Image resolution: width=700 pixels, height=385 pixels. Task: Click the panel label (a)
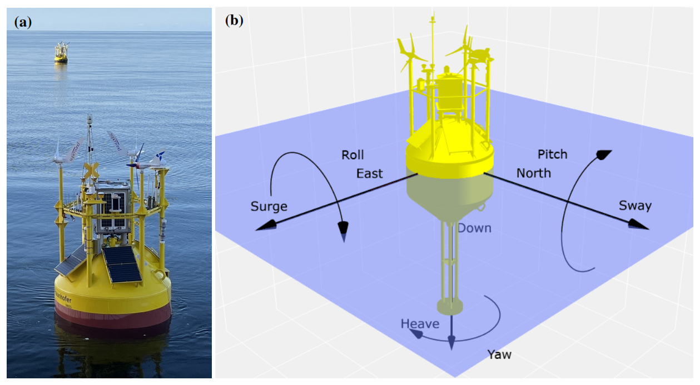pyautogui.click(x=23, y=22)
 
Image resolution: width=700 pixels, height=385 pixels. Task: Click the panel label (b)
pyautogui.click(x=234, y=21)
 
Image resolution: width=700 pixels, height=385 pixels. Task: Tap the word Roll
pyautogui.click(x=353, y=155)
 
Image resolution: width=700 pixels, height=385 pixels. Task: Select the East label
pyautogui.click(x=369, y=173)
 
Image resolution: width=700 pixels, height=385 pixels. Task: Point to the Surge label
pyautogui.click(x=269, y=207)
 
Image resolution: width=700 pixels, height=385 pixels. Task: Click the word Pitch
pyautogui.click(x=552, y=154)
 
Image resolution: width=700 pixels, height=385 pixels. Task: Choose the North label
pyautogui.click(x=533, y=173)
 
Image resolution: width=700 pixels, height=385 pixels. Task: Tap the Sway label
pyautogui.click(x=635, y=206)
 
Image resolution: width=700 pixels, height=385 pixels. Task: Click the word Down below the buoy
pyautogui.click(x=474, y=228)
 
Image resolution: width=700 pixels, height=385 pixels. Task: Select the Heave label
pyautogui.click(x=420, y=323)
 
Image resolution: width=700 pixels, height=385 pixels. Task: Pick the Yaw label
pyautogui.click(x=499, y=354)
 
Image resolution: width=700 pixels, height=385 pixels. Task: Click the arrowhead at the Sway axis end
pyautogui.click(x=640, y=224)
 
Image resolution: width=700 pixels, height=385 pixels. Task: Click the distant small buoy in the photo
pyautogui.click(x=61, y=52)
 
